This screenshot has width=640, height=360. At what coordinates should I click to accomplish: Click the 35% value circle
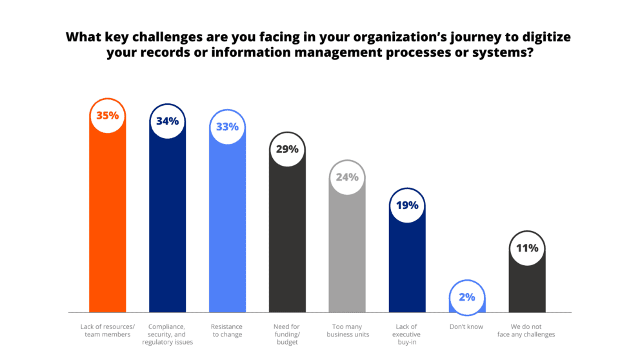[x=108, y=116]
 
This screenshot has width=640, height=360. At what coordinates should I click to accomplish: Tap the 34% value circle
[x=168, y=121]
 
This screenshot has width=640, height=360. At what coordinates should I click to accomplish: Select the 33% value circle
[x=227, y=127]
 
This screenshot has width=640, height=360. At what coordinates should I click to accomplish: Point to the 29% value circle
[x=287, y=149]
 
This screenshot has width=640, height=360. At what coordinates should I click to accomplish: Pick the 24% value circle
[x=347, y=177]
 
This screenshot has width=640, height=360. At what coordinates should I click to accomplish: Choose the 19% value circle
[x=407, y=206]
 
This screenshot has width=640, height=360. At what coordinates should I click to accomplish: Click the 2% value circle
[x=467, y=297]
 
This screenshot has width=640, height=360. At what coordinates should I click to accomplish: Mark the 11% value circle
[x=527, y=248]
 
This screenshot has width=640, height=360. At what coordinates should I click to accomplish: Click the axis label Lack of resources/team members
[x=108, y=330]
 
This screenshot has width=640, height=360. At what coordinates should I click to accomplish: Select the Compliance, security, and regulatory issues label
[x=168, y=334]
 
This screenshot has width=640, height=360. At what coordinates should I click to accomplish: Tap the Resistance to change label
[x=227, y=330]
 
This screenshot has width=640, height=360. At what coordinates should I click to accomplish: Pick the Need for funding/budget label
[x=287, y=334]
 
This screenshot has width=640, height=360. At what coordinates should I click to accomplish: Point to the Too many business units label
[x=347, y=330]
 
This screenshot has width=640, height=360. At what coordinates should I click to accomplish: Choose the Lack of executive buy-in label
[x=407, y=334]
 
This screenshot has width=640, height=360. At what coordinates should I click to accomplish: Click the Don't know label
[x=466, y=326]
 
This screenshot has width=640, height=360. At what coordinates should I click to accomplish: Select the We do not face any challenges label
[x=527, y=330]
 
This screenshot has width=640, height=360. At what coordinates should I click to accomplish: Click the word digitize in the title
[x=544, y=37]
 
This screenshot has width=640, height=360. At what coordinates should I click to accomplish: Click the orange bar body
[x=108, y=226]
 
